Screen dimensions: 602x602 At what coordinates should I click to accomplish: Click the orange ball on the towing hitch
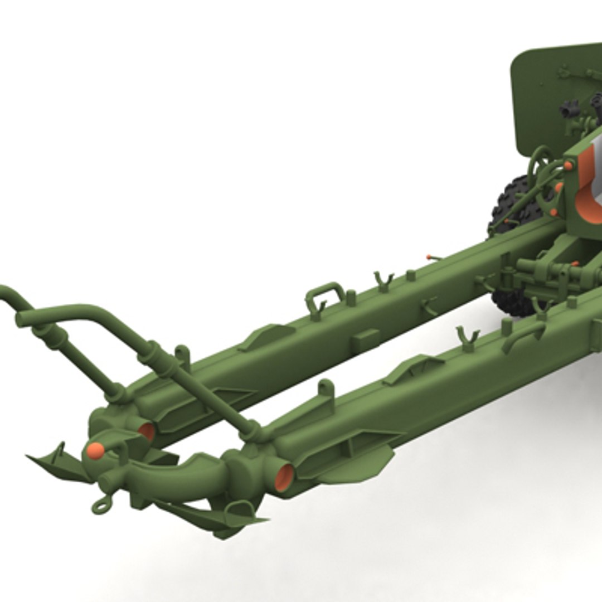95,450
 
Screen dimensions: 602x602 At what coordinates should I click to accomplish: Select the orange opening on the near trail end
284,477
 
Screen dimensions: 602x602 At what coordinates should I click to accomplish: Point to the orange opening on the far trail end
147,431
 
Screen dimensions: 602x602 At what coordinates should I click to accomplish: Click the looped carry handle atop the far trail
325,292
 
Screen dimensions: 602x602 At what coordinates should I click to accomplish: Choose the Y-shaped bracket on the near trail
467,338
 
